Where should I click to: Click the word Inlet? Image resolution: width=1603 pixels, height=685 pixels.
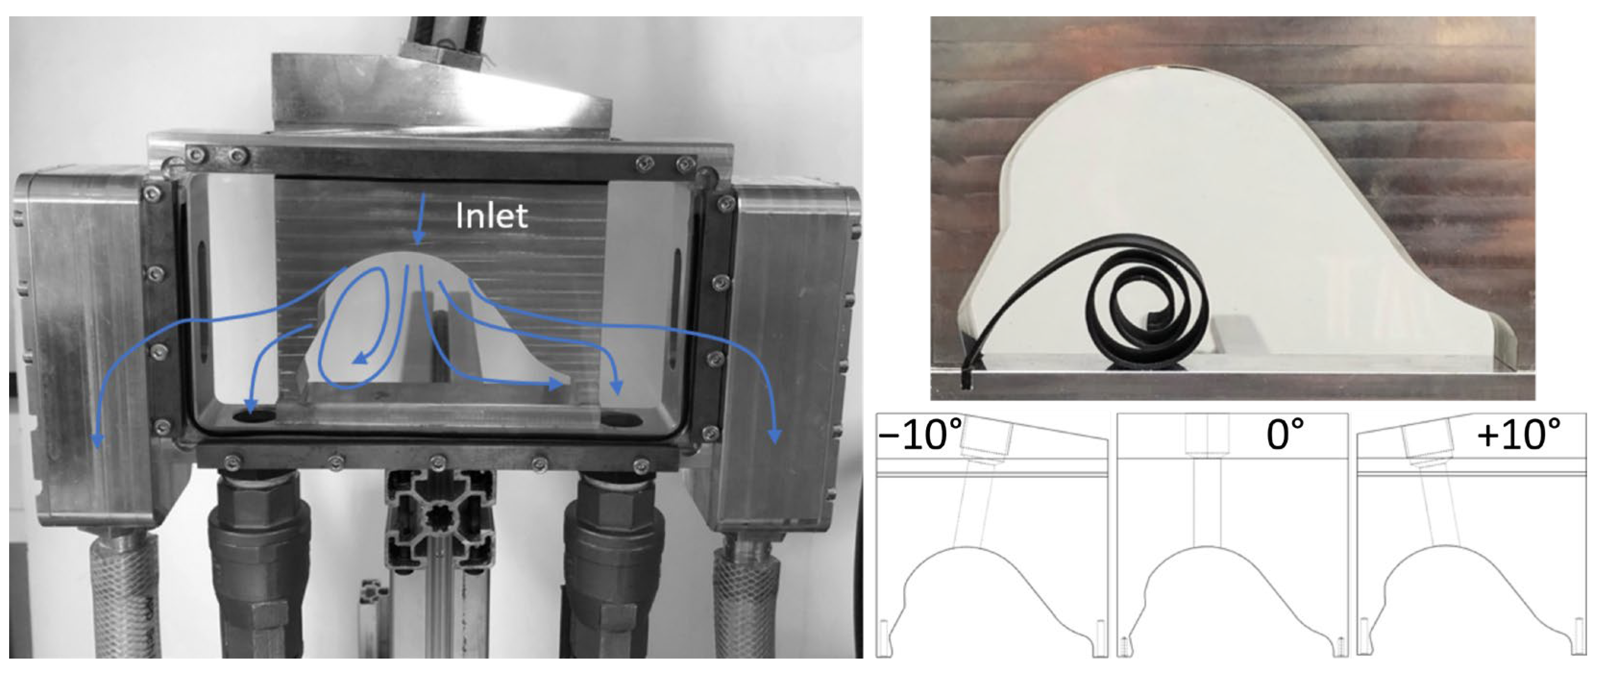[x=491, y=216]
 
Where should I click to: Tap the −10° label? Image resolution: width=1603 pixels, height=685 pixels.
[x=920, y=435]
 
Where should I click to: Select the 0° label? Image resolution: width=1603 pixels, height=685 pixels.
[x=1285, y=435]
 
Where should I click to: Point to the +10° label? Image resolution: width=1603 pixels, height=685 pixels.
[x=1518, y=435]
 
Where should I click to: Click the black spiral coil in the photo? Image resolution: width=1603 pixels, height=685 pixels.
[x=1148, y=305]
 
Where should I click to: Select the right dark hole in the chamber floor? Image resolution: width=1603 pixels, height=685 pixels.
[x=621, y=420]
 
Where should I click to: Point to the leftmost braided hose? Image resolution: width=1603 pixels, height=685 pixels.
[x=128, y=597]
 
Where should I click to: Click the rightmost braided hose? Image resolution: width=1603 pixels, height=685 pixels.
[x=746, y=597]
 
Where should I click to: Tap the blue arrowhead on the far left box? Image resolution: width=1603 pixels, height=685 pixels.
[x=98, y=440]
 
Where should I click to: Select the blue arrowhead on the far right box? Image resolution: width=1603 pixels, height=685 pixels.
[x=775, y=436]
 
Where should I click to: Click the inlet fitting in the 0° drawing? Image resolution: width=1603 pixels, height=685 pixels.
[x=1207, y=436]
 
